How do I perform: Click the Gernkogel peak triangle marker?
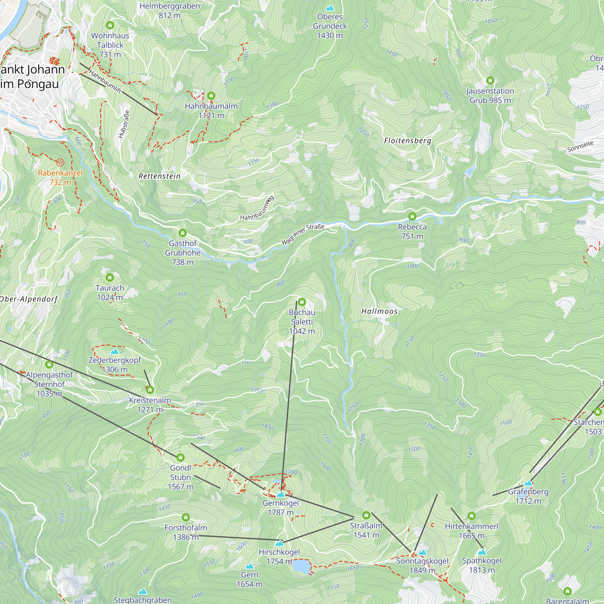[x=281, y=494]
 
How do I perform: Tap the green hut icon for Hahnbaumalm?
[x=211, y=95]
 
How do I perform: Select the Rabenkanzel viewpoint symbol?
[x=60, y=162]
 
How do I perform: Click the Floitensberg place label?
[x=407, y=141]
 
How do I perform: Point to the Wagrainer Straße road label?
[x=303, y=234]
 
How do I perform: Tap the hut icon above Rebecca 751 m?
[x=412, y=216]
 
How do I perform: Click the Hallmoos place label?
[x=379, y=311]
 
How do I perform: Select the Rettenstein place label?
[x=159, y=176]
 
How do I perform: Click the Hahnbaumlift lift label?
[x=105, y=82]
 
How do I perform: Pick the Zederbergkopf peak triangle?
[x=115, y=351]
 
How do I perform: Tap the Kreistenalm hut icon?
[x=150, y=390]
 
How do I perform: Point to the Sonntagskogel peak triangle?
[x=422, y=552]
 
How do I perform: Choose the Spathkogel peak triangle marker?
[x=482, y=552]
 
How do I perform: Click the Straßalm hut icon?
[x=366, y=515]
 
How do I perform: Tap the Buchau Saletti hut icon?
[x=302, y=302]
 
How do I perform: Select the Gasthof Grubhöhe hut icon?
[x=183, y=233]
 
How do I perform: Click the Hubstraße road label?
[x=124, y=124]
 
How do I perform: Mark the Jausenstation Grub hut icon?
[x=490, y=81]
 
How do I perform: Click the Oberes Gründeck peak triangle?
[x=329, y=8]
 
